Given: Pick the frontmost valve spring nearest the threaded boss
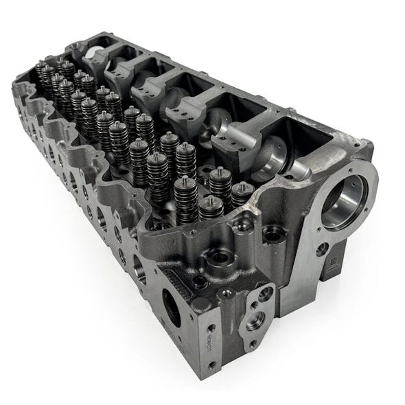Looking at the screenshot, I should coord(211,205).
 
